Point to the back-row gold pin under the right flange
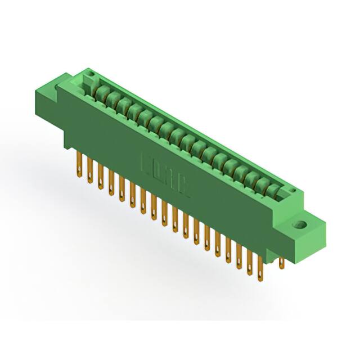click(x=282, y=262)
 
